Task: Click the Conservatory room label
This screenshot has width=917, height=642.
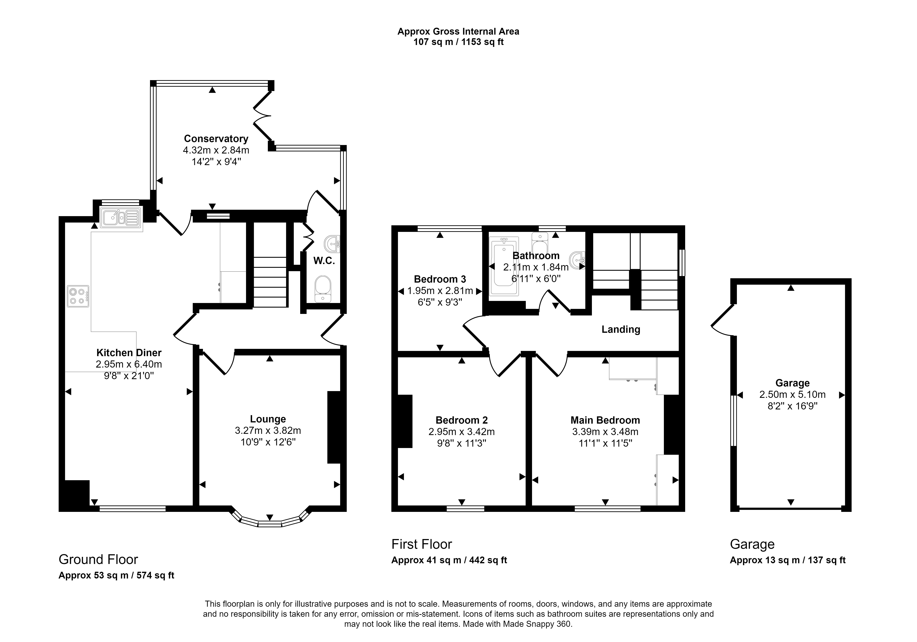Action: tap(216, 139)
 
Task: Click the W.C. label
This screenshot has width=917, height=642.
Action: tap(324, 261)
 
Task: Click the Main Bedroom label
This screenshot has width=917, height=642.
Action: tap(605, 420)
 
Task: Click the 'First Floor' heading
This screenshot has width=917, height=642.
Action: tap(422, 544)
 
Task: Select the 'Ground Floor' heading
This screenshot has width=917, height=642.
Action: tap(98, 559)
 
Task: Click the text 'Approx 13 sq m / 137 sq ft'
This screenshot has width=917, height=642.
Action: tap(788, 560)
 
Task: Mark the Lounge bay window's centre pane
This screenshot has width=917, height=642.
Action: tap(270, 524)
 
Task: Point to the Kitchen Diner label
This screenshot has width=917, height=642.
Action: tap(129, 353)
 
